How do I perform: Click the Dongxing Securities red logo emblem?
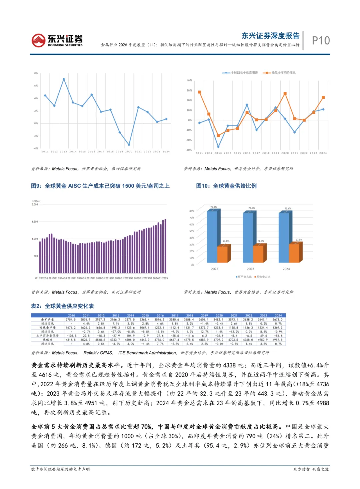coord(38,40)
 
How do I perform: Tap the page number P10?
coord(321,41)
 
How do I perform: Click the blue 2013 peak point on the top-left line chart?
coord(64,79)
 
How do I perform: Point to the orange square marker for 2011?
coord(199,92)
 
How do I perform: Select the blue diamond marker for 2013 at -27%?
coord(218,147)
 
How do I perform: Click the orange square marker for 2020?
coord(285,94)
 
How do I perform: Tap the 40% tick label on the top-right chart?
coord(189,80)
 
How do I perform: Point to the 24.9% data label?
coord(260,241)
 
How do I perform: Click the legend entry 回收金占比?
coord(263,277)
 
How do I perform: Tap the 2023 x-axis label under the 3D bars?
coord(250,269)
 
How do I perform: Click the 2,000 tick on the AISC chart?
coord(35,204)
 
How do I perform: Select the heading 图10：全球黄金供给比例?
coord(226,186)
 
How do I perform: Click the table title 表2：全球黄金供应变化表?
coord(62,306)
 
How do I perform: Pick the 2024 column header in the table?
coord(278,315)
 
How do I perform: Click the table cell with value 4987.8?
coord(278,340)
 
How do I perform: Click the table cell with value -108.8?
coord(71,336)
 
